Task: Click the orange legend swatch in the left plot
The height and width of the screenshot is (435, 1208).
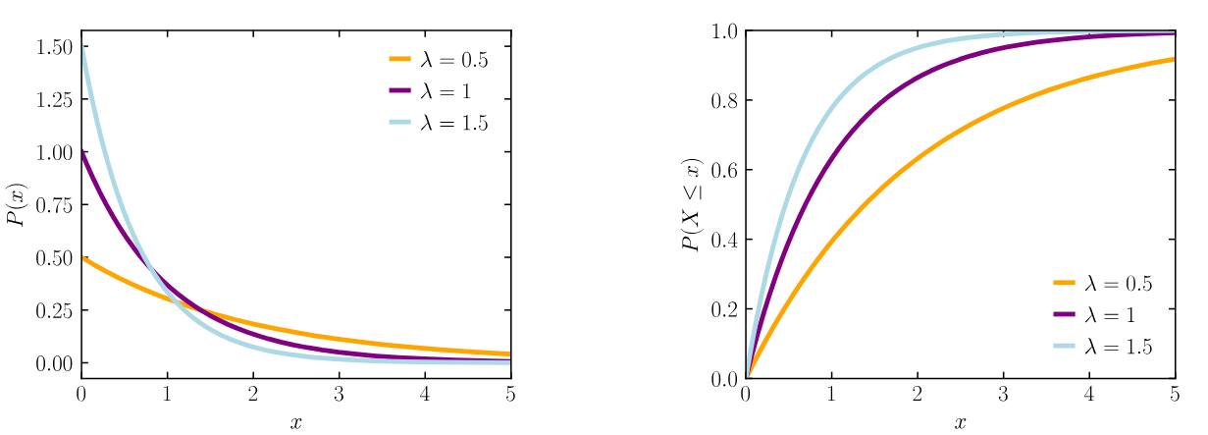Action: tap(399, 59)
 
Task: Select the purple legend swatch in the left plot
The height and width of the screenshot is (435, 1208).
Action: tap(399, 90)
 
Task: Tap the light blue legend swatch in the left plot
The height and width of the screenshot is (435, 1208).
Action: tap(399, 122)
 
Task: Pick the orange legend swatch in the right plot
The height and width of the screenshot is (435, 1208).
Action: tap(1064, 283)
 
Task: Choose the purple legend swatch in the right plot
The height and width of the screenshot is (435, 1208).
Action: tap(1064, 314)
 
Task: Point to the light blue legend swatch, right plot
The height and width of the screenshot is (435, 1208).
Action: tap(1064, 346)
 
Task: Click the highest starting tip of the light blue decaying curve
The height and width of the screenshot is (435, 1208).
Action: tap(83, 45)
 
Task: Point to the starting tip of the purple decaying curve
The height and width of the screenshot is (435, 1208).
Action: tap(83, 151)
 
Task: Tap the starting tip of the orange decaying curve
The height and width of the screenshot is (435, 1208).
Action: tap(83, 257)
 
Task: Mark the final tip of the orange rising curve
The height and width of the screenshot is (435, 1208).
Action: tap(1174, 59)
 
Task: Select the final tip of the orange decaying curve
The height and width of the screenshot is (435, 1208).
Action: tap(509, 353)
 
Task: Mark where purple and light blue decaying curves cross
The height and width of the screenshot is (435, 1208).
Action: tap(147, 262)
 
